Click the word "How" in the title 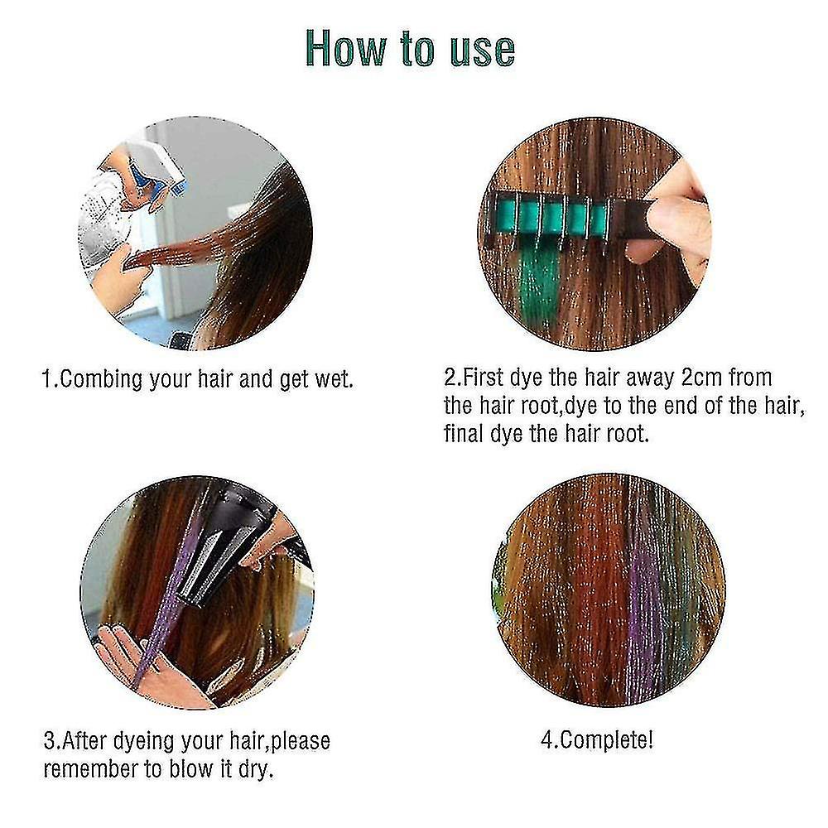click(346, 48)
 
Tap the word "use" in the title click(482, 51)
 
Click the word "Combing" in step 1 click(100, 380)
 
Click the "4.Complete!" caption click(597, 740)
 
